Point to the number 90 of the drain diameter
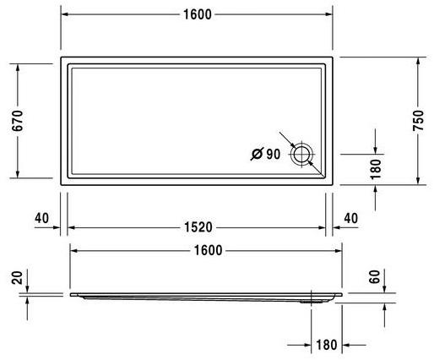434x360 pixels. coord(273,154)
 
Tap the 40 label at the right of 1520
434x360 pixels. coord(351,218)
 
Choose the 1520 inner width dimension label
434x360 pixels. coord(198,227)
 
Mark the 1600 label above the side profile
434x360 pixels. coord(207,250)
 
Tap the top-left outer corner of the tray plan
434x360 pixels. coord(61,57)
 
